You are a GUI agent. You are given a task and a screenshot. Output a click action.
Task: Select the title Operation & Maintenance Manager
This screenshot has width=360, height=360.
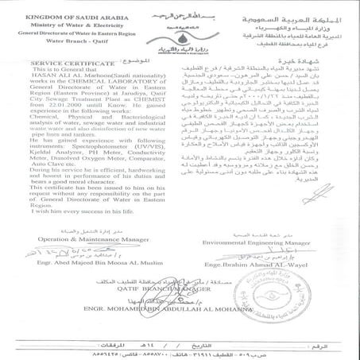tap(79, 238)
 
